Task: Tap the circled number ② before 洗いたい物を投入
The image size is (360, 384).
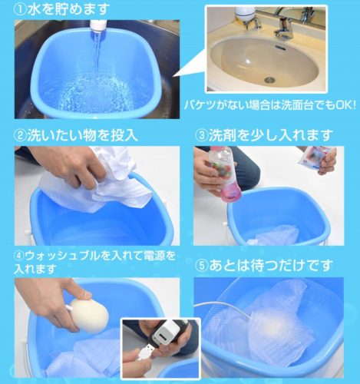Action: click(x=21, y=135)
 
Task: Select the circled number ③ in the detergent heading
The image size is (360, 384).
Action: click(x=202, y=135)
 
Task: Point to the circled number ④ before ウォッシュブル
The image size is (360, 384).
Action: click(x=20, y=257)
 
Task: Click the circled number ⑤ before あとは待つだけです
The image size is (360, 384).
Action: click(x=202, y=265)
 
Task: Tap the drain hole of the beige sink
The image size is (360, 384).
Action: click(x=269, y=80)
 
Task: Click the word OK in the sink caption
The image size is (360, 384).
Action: click(x=344, y=105)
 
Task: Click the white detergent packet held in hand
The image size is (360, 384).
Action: click(x=312, y=158)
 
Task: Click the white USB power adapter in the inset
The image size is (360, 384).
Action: click(x=164, y=333)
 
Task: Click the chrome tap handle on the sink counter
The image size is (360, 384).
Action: click(x=286, y=29)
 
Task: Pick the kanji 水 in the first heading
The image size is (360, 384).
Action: click(x=35, y=9)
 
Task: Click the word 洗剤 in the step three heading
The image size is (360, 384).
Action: click(x=222, y=135)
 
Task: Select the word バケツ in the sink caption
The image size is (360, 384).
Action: click(x=201, y=105)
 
